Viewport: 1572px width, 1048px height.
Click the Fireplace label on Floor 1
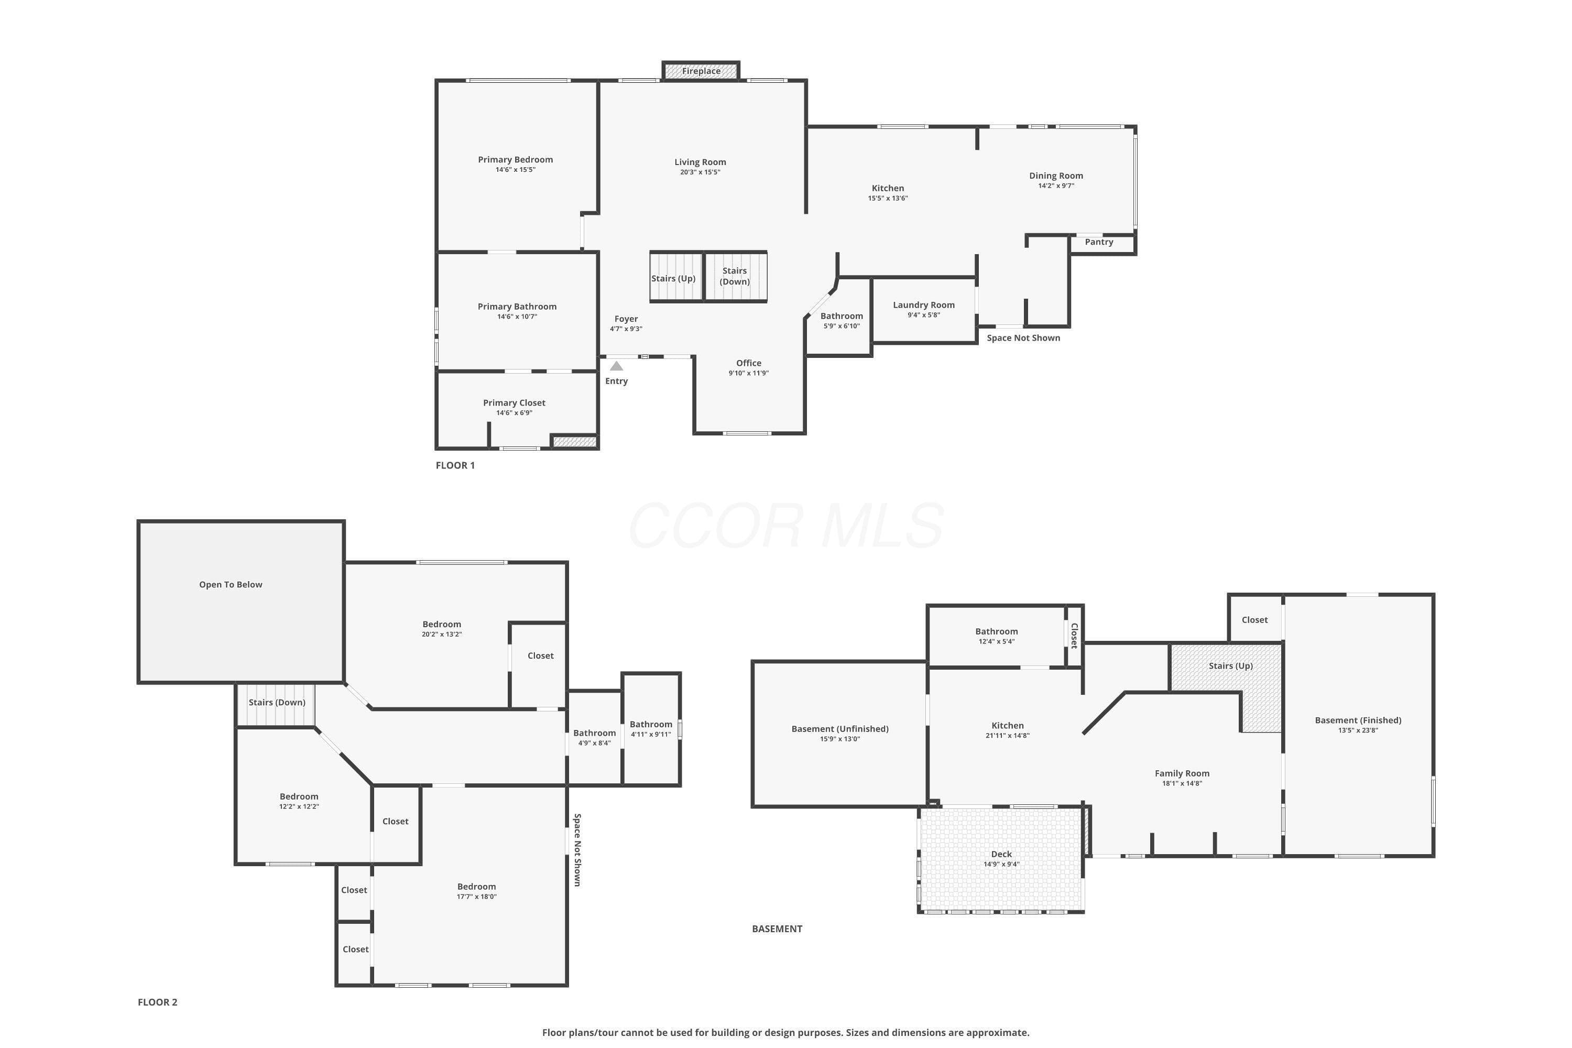coord(701,71)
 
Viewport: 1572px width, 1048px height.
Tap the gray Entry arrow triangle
coord(616,366)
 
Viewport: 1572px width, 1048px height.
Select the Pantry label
coord(1099,242)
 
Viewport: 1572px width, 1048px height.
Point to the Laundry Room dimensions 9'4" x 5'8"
coord(924,315)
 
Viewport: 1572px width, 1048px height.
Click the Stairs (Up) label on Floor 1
coord(674,279)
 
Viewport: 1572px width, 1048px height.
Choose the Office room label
coord(749,363)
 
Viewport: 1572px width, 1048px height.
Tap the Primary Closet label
coord(514,403)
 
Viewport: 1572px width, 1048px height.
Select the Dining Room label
coord(1056,176)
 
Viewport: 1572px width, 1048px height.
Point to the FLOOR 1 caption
coord(455,465)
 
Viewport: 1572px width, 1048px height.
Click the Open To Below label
coord(231,585)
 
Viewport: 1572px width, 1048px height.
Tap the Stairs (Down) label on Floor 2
coord(277,703)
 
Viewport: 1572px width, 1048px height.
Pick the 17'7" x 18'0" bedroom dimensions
coord(476,896)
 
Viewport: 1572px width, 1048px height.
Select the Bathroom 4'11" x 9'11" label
coord(651,725)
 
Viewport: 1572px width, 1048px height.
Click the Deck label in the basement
coord(1001,854)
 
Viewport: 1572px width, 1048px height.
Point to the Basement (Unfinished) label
coord(840,729)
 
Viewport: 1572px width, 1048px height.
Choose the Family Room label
coord(1182,774)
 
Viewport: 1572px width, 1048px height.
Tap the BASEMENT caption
coord(777,929)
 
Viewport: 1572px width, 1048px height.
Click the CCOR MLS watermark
coord(786,526)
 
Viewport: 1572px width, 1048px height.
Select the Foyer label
coord(626,319)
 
